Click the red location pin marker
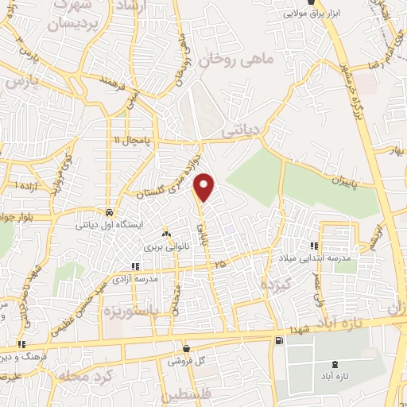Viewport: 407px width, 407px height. point(205,186)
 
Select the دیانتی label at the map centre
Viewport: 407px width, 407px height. point(239,125)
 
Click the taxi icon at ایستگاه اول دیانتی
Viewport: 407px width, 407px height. point(108,213)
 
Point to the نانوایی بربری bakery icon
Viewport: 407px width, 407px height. point(165,234)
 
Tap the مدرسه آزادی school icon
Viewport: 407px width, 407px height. point(134,267)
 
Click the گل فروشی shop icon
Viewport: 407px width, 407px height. point(186,348)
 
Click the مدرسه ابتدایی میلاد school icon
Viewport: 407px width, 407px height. point(315,246)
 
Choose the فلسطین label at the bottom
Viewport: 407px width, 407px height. point(189,395)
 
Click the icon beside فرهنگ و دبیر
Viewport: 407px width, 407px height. point(22,345)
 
